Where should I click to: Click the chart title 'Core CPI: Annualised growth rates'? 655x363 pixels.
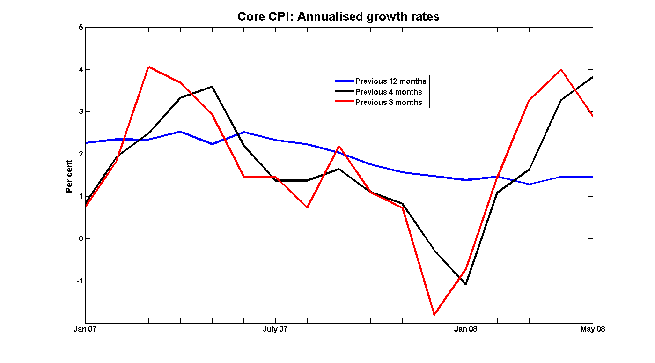[338, 17]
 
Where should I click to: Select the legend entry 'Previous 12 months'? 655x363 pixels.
[390, 81]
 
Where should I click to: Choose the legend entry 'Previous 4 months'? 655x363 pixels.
[388, 92]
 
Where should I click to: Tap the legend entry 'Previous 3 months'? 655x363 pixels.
[388, 102]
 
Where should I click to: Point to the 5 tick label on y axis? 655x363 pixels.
[81, 27]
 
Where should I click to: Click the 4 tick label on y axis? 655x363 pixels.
[81, 69]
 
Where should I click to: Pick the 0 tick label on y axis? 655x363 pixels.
[81, 238]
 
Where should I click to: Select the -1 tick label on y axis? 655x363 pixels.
[79, 281]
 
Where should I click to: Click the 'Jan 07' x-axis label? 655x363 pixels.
[85, 329]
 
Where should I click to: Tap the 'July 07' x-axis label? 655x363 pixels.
[275, 329]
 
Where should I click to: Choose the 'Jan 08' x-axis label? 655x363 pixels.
[466, 329]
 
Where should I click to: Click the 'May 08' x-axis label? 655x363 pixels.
[593, 329]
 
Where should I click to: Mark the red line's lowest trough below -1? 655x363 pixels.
[434, 315]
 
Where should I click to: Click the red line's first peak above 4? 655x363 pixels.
[148, 67]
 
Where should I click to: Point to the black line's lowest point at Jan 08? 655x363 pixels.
[466, 284]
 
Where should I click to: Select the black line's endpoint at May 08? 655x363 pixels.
[592, 77]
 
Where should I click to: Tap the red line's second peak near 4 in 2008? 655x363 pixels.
[561, 70]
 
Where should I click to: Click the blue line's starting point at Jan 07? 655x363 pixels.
[86, 143]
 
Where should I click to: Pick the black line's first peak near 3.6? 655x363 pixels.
[212, 87]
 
